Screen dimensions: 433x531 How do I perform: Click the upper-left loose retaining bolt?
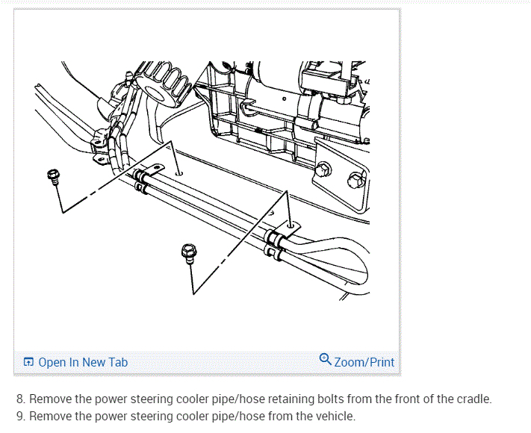[53, 177]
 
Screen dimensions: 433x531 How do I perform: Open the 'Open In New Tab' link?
[83, 362]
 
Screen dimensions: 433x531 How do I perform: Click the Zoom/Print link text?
[364, 362]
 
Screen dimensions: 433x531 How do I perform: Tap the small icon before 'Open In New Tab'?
[28, 362]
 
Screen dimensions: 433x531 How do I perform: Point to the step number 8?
[19, 399]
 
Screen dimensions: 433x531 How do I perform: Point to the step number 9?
[19, 416]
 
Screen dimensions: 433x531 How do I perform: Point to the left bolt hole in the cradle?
[179, 172]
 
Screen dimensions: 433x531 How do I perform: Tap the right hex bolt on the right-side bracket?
[355, 179]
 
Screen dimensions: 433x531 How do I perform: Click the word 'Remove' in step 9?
[49, 416]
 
